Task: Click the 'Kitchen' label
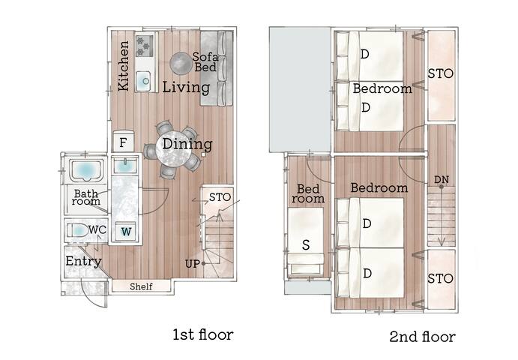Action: point(124,66)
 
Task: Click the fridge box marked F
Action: point(123,141)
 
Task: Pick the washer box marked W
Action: point(125,232)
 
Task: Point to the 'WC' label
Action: point(97,229)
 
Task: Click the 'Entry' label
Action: point(83,261)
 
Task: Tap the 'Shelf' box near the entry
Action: point(141,286)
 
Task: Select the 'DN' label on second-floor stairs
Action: point(442,180)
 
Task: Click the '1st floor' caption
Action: point(203,334)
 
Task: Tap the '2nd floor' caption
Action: point(422,337)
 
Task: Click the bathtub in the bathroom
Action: point(88,170)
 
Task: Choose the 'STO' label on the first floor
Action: point(220,197)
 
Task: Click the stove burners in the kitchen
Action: point(144,45)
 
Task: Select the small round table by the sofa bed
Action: point(180,62)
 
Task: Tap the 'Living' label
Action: point(186,88)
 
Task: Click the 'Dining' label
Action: point(187,144)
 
